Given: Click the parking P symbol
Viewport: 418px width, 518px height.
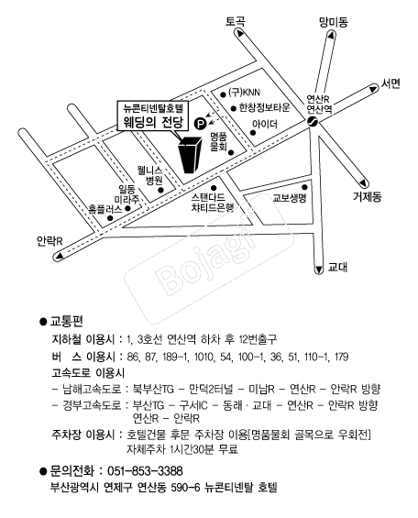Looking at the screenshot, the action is (x=200, y=124).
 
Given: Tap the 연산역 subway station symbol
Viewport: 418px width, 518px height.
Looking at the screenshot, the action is (x=312, y=122).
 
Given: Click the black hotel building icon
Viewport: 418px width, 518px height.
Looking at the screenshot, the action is (x=190, y=155).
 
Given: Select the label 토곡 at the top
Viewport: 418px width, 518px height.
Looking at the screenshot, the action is (x=236, y=22).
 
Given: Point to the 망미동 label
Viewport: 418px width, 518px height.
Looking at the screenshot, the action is (x=333, y=22).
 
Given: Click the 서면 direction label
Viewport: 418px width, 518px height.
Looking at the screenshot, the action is (x=390, y=83).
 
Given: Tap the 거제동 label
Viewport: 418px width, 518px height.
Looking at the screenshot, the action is (x=368, y=197).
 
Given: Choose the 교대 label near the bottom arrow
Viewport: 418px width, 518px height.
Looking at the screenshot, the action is (x=337, y=267).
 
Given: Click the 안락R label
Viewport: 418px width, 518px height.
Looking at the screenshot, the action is (x=49, y=241).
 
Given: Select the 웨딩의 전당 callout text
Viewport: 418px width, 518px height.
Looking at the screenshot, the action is (x=152, y=123).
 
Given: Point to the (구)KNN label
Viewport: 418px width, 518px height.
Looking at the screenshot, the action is (x=245, y=93).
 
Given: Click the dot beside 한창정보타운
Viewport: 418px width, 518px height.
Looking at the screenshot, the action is (x=234, y=108).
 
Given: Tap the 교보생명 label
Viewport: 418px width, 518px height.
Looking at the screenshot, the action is (x=290, y=198).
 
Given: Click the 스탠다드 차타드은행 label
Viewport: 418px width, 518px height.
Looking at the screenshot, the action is (x=213, y=203).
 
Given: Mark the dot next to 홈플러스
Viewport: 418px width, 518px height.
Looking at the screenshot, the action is (x=110, y=218).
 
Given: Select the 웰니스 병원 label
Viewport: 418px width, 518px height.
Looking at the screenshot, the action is (x=150, y=175).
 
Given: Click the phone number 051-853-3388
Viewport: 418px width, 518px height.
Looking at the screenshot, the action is (x=145, y=470).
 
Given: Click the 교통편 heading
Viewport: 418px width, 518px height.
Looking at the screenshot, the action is (x=66, y=321).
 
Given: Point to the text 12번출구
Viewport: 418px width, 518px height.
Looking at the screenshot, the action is (x=258, y=339).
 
